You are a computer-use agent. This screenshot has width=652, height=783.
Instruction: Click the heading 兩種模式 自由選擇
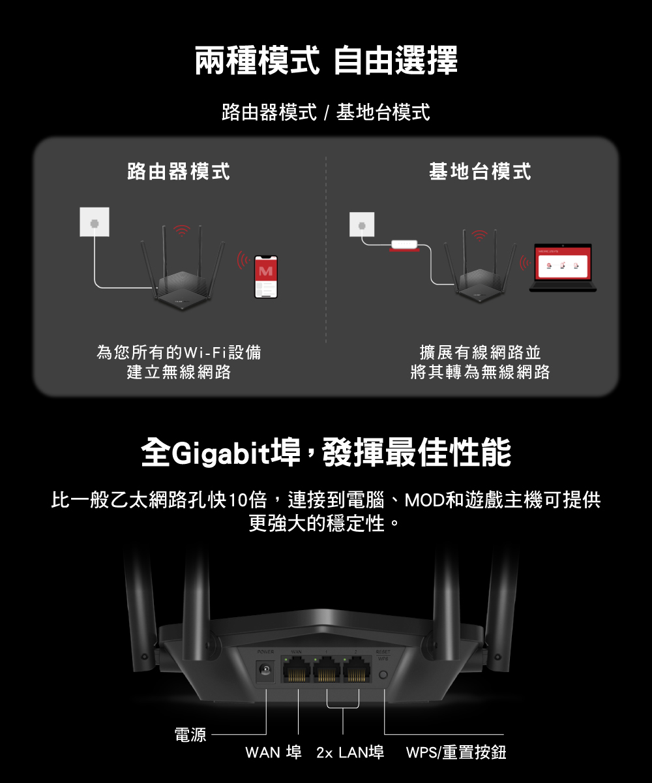click(x=326, y=61)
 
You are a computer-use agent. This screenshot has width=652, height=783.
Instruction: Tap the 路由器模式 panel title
click(x=178, y=172)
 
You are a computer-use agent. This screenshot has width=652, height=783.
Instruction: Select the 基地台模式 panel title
click(x=480, y=172)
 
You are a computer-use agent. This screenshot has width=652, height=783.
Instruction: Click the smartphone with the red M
click(x=266, y=277)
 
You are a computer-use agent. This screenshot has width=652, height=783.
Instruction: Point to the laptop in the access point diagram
click(x=563, y=268)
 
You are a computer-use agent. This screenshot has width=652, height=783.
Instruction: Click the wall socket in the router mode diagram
click(x=95, y=222)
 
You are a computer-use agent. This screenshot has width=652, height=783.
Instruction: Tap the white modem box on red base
click(x=404, y=245)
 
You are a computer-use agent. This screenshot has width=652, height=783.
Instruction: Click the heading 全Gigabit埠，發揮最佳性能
click(x=326, y=453)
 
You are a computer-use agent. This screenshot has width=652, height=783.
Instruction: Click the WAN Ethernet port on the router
click(x=297, y=669)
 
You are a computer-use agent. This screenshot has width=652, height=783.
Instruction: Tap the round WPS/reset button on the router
click(x=383, y=675)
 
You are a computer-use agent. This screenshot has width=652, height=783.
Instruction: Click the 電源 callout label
click(x=190, y=736)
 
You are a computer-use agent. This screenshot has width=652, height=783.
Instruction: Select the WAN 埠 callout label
click(x=273, y=753)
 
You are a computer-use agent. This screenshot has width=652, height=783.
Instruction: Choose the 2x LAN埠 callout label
click(x=349, y=753)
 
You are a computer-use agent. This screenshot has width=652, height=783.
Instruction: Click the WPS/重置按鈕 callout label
click(x=456, y=753)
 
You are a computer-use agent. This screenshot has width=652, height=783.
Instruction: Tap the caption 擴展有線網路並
click(x=481, y=353)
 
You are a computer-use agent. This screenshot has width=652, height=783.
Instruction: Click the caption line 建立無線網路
click(x=179, y=373)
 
